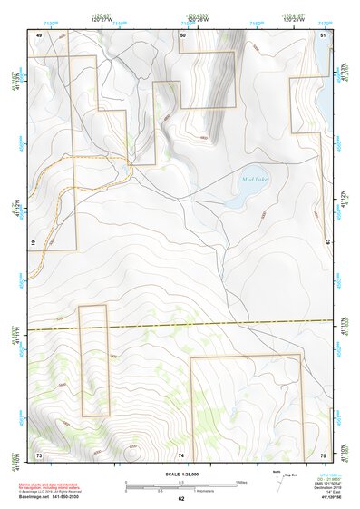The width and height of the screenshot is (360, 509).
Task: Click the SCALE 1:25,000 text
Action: tap(180, 475)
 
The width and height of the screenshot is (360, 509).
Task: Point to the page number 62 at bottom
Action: tap(180, 498)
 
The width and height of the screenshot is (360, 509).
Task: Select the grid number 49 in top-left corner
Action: tap(39, 34)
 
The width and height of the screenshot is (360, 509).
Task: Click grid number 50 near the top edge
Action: tap(182, 34)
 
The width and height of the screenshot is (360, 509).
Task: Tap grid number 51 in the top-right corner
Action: tap(323, 34)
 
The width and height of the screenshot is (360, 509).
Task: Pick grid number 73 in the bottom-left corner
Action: tap(39, 454)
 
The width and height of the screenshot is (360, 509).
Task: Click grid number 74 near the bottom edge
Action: tap(181, 454)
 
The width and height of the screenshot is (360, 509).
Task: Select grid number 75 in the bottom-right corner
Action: tap(323, 454)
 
